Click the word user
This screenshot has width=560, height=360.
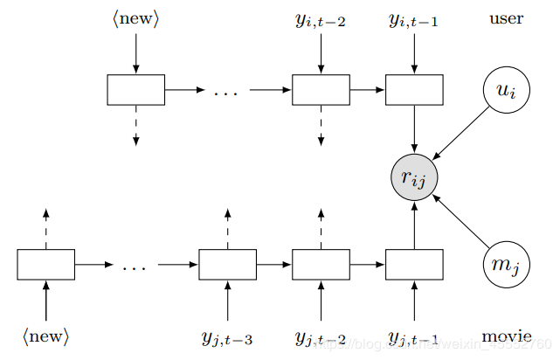pos(506,18)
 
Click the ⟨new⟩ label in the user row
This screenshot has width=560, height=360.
pos(135,18)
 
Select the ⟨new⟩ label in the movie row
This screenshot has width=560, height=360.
pos(45,336)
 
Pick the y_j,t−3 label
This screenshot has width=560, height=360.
pos(227,337)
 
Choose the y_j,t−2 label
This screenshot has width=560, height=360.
pos(321,337)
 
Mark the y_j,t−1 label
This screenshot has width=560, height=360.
pos(413,337)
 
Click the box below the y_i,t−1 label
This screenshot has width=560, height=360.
pos(413,90)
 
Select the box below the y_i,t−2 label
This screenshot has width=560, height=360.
pos(321,90)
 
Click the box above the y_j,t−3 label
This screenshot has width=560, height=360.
pos(227,265)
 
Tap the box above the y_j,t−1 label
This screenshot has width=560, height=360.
pos(413,265)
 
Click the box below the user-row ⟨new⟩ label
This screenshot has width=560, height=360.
pos(135,90)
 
